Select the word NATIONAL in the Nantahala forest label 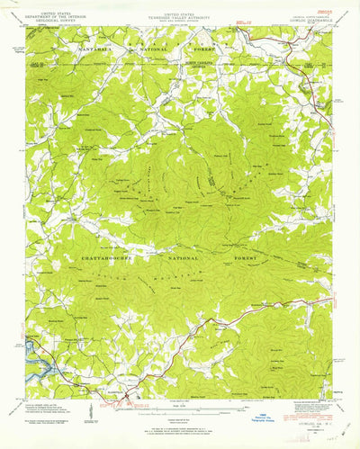(x=169, y=46)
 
